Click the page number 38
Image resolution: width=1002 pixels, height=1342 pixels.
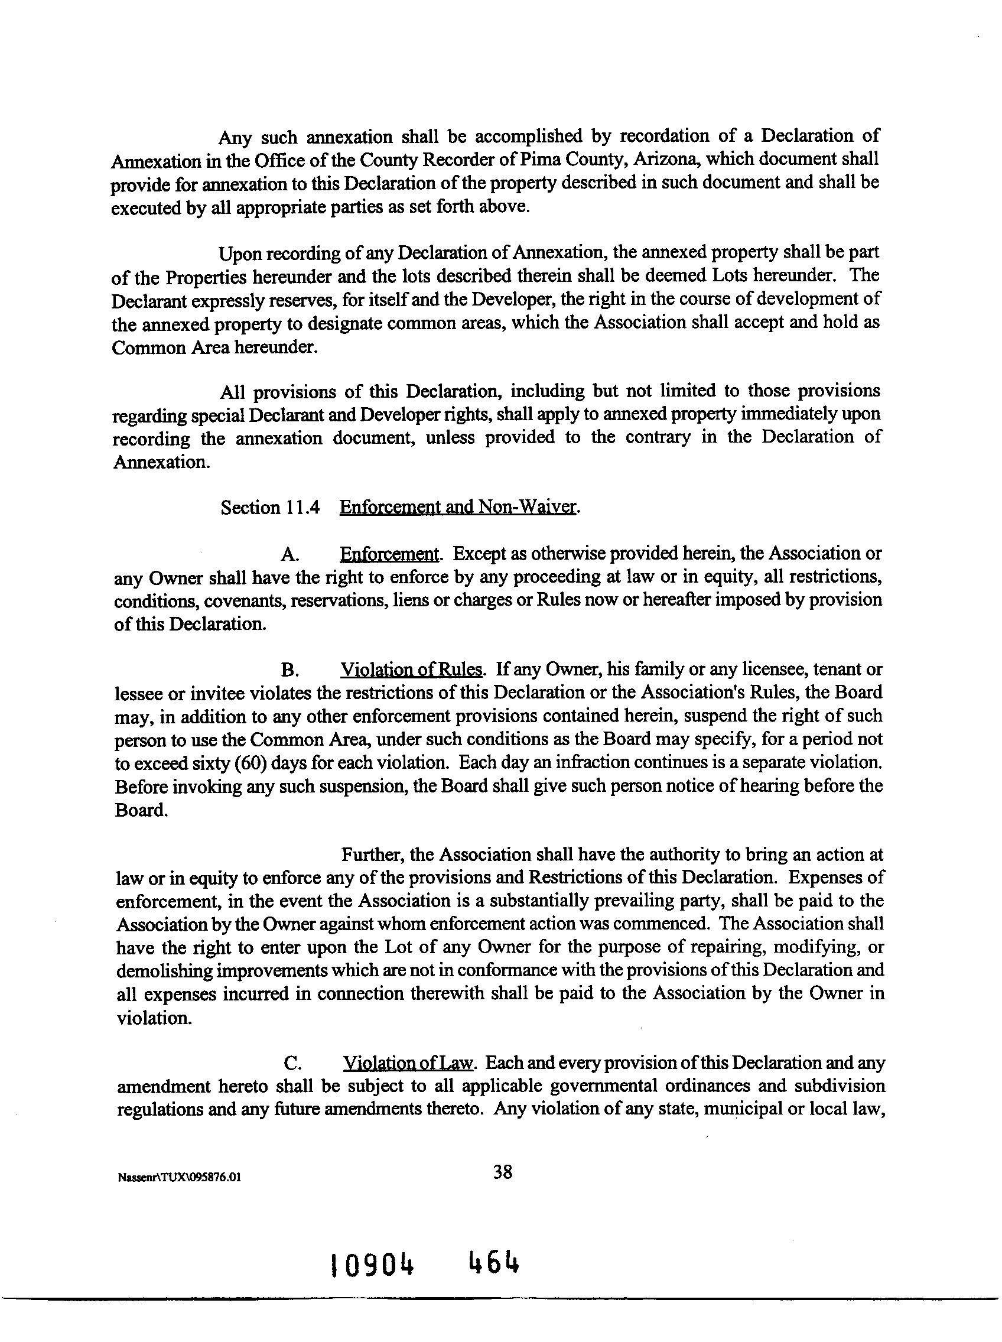(503, 1172)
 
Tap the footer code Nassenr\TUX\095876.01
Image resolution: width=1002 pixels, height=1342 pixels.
(180, 1177)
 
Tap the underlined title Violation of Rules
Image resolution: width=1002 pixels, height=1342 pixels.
(412, 669)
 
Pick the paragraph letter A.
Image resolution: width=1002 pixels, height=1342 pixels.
(289, 554)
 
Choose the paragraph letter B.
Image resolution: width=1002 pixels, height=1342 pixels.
(289, 670)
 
